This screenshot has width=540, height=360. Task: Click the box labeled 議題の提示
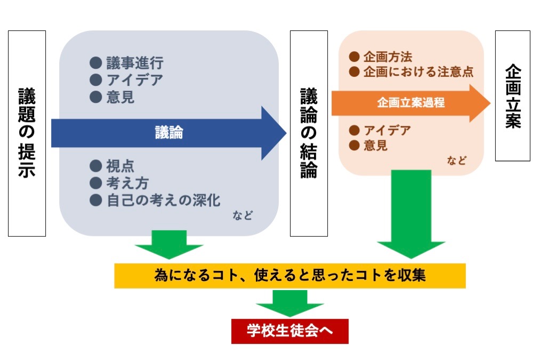[27, 133]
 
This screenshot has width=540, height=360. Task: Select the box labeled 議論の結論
[308, 133]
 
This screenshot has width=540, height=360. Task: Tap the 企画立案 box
[512, 96]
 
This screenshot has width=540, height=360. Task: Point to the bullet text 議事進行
[134, 63]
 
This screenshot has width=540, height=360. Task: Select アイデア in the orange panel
[387, 130]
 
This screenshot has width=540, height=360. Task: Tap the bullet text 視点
[120, 166]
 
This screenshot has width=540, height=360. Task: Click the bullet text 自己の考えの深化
[163, 200]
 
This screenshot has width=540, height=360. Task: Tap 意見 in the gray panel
[120, 97]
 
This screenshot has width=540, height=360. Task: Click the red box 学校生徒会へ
[289, 331]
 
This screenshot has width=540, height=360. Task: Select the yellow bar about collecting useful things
[290, 276]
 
